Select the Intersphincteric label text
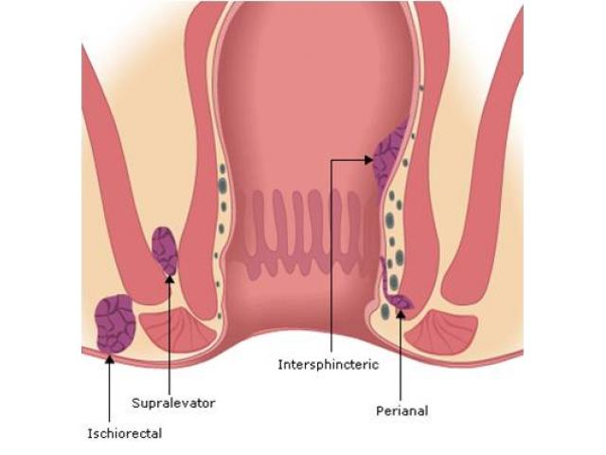[328, 364]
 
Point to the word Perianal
[402, 410]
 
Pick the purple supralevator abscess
[165, 249]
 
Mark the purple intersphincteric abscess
[389, 155]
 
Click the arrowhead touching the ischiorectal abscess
[109, 359]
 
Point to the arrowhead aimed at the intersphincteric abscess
[368, 160]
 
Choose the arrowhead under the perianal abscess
[401, 315]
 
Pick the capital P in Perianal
[380, 410]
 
